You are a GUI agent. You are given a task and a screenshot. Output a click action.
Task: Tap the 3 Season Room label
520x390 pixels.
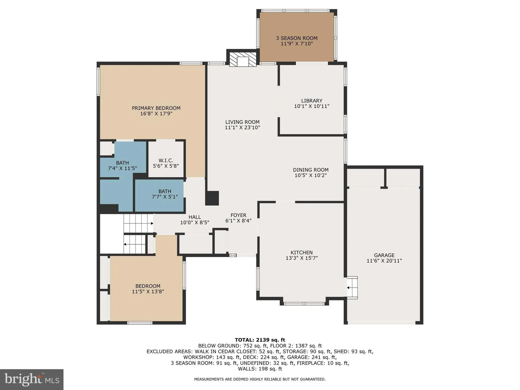click(x=297, y=38)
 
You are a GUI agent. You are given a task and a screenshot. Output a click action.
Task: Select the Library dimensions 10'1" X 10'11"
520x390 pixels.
click(x=312, y=106)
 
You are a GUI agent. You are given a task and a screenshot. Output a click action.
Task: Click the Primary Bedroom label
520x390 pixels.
click(x=156, y=108)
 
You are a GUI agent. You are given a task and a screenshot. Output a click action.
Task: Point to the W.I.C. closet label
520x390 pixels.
click(x=166, y=161)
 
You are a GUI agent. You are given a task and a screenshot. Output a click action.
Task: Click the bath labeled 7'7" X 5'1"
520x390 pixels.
click(x=165, y=194)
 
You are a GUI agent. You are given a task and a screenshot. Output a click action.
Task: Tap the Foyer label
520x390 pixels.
click(x=238, y=215)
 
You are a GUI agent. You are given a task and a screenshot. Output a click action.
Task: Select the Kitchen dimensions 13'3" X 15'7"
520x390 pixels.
click(x=302, y=258)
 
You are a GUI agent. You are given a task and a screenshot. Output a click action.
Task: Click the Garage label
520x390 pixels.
click(x=384, y=255)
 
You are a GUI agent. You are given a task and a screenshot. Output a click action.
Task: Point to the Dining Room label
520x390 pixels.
click(x=311, y=170)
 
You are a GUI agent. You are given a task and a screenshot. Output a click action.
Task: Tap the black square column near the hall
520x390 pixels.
click(x=212, y=198)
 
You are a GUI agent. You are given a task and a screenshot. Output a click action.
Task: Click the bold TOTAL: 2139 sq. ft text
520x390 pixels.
click(x=260, y=340)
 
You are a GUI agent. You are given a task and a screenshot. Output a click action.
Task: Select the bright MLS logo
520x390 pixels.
click(x=32, y=379)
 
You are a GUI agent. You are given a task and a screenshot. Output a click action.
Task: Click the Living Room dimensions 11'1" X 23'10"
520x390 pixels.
click(x=242, y=128)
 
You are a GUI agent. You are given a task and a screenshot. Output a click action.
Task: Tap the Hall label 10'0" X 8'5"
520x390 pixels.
click(x=195, y=220)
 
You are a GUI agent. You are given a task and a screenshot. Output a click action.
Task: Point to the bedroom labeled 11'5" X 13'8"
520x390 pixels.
click(x=148, y=289)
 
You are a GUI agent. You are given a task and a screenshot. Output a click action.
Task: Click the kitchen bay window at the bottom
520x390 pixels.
click(x=304, y=303)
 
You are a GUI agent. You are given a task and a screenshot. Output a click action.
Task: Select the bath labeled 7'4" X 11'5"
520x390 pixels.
click(x=122, y=166)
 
